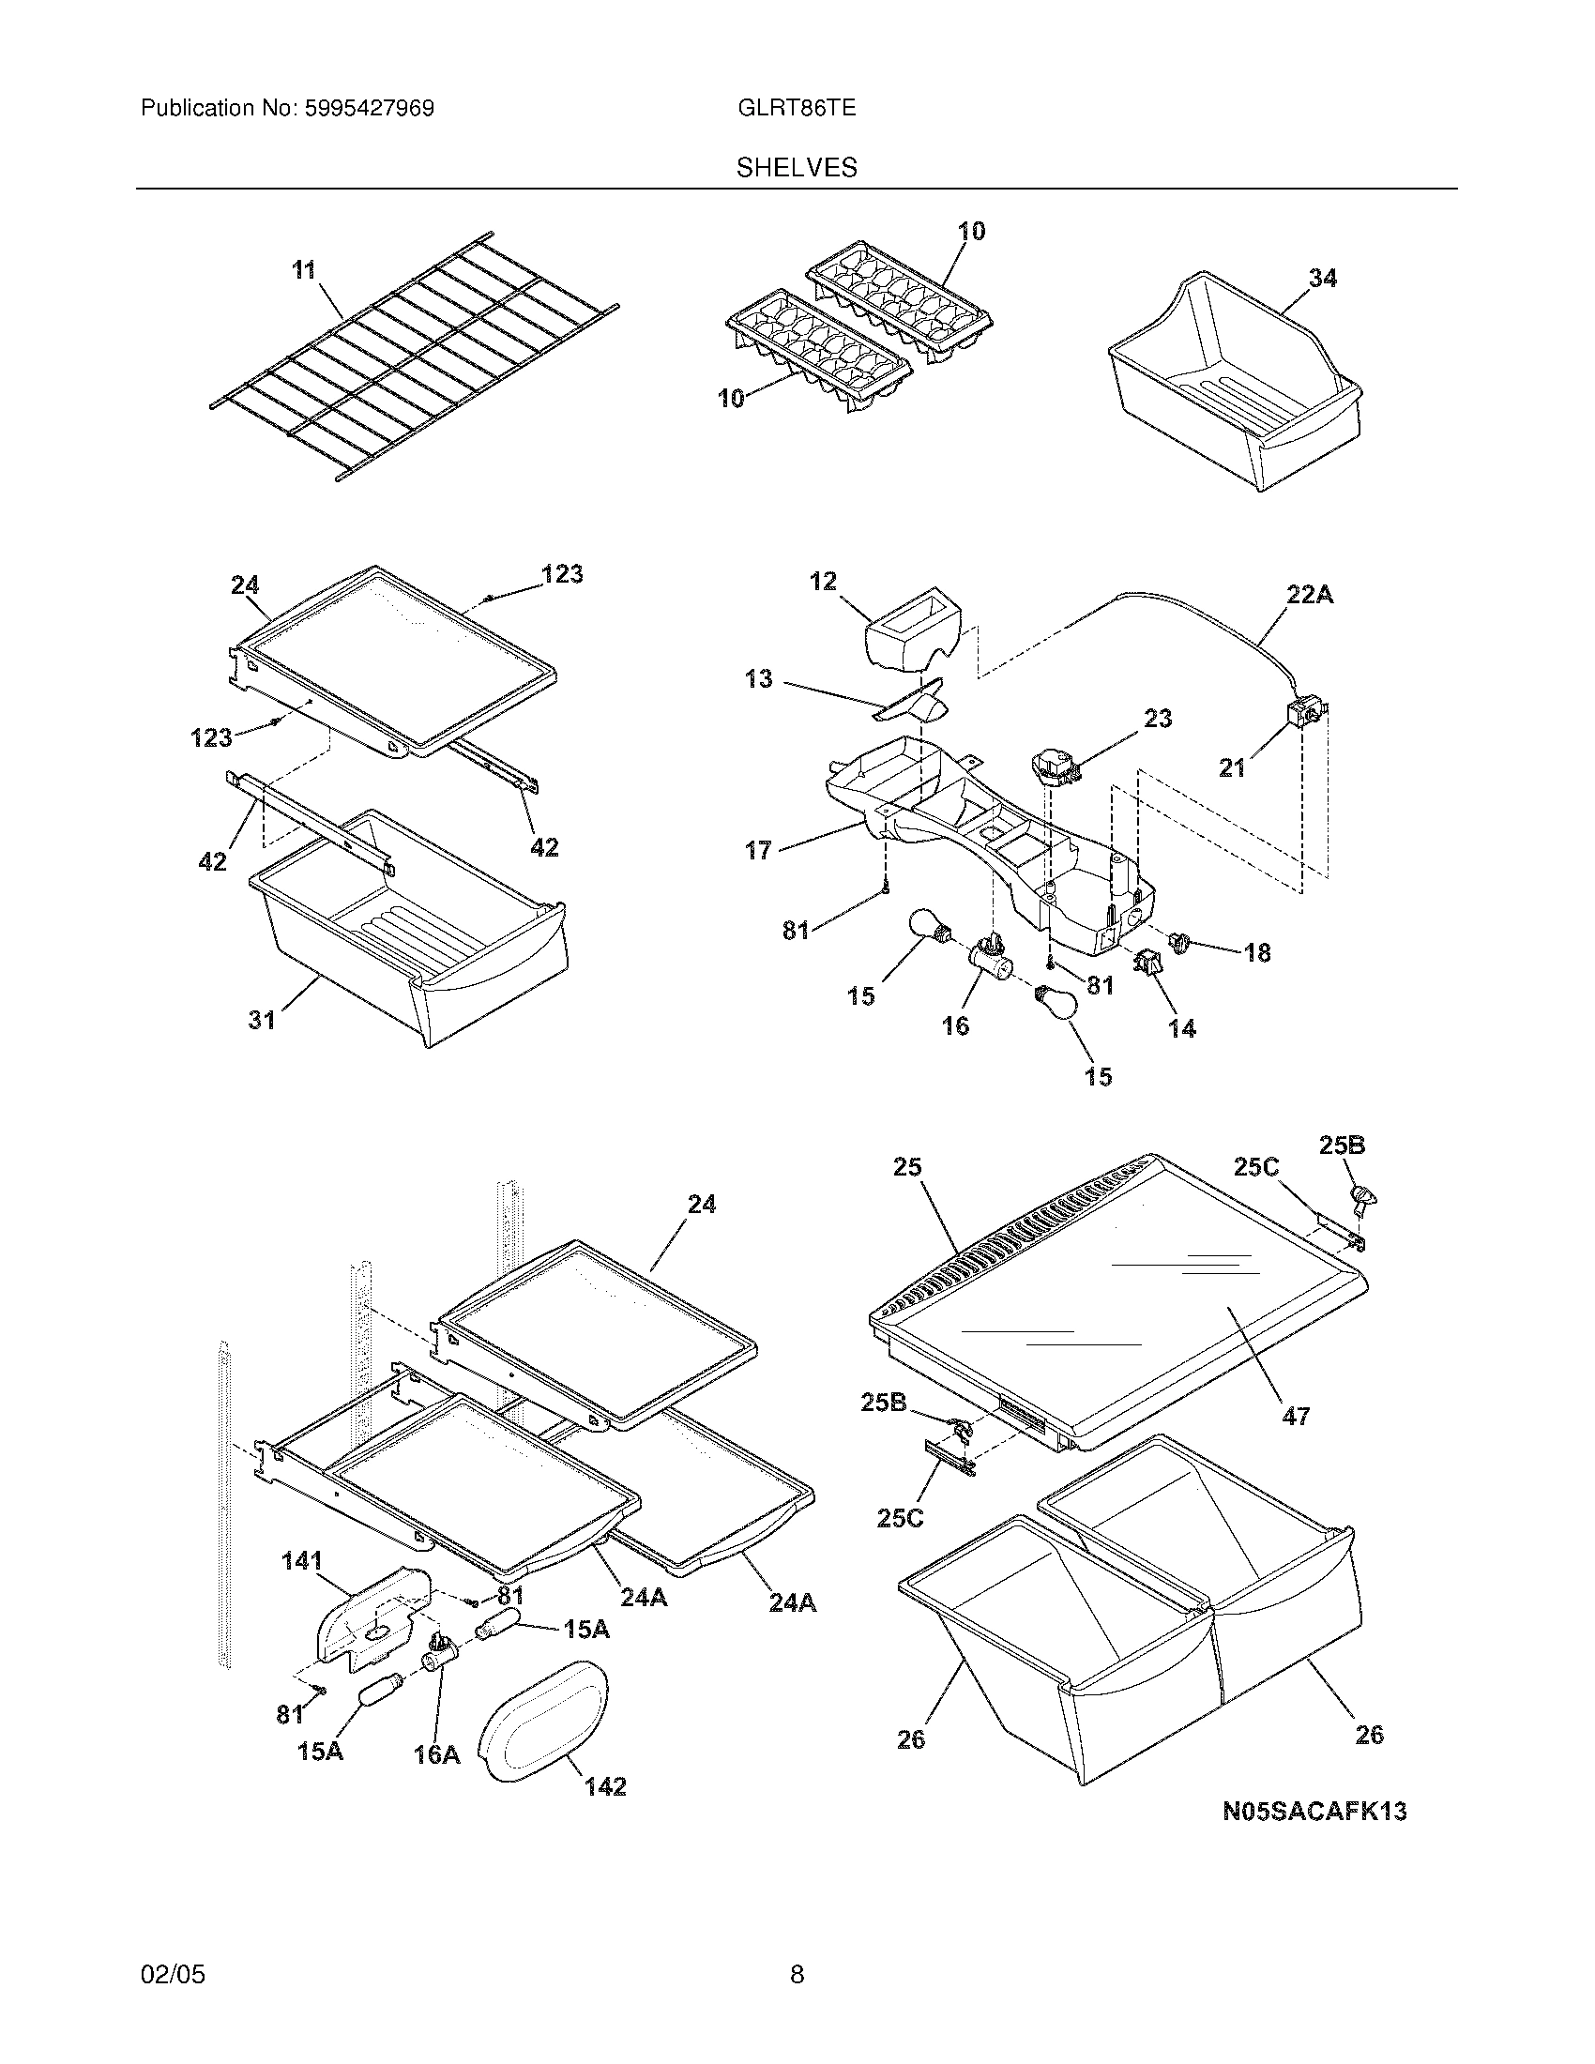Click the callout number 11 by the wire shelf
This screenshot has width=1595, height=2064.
coord(302,270)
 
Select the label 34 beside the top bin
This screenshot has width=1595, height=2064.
coord(1322,278)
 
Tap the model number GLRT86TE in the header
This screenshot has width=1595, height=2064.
coord(797,109)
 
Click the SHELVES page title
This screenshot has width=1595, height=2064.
coord(797,168)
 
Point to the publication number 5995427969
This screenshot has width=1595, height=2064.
coord(369,109)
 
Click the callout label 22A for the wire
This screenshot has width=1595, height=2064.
coord(1309,596)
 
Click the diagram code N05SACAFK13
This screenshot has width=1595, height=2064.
coord(1314,1812)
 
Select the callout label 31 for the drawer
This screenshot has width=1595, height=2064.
coord(262,1020)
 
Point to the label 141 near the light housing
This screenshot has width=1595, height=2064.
coord(302,1561)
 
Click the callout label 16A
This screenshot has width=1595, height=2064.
coord(436,1755)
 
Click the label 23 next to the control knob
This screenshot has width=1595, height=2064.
coord(1158,719)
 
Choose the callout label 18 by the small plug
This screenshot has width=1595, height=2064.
coord(1256,952)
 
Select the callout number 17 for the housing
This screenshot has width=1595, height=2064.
coord(758,851)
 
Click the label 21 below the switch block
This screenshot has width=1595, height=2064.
coord(1232,768)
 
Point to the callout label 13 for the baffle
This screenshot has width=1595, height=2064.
coord(758,678)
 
